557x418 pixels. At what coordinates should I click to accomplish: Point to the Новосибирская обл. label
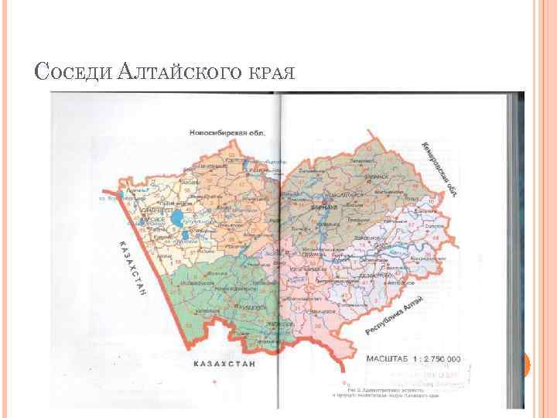[225, 133]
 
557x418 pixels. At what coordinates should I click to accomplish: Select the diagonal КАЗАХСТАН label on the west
[133, 268]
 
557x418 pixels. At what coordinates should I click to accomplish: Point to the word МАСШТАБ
[390, 358]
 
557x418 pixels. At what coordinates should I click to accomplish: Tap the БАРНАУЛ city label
[325, 208]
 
